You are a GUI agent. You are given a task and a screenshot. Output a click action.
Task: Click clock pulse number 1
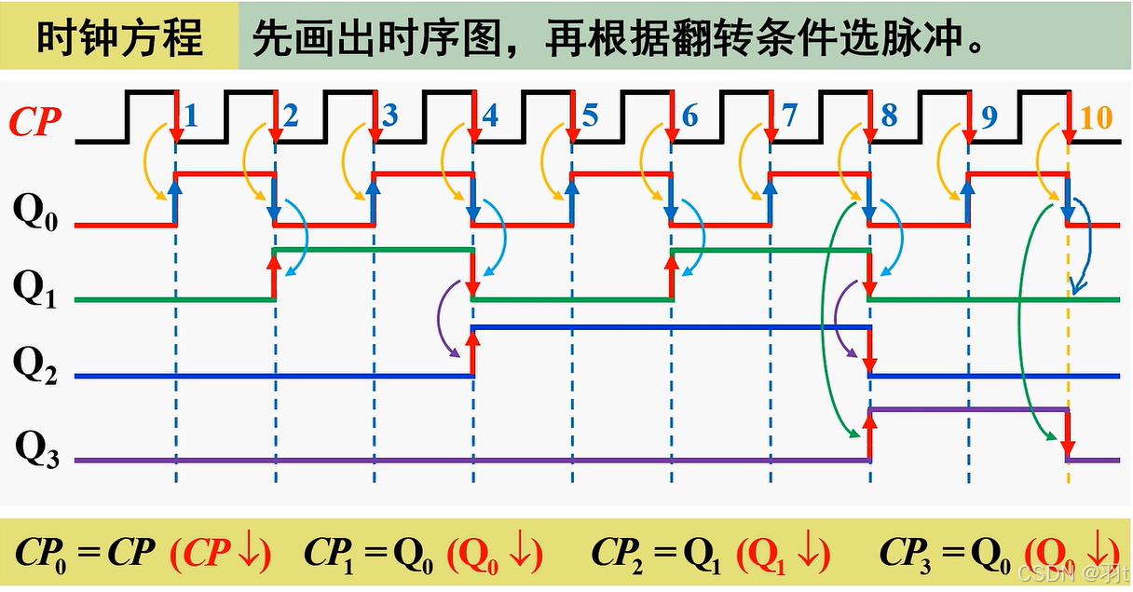point(191,116)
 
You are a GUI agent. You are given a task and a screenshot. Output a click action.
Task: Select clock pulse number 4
point(489,116)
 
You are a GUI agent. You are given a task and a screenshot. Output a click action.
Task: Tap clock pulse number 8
point(888,116)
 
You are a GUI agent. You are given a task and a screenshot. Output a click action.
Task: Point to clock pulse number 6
point(689,117)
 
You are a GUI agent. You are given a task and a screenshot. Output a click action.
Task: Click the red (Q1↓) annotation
point(784,553)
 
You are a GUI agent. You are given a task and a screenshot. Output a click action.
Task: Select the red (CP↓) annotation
point(221,553)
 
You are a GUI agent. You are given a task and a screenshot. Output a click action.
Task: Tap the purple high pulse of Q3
point(968,409)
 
